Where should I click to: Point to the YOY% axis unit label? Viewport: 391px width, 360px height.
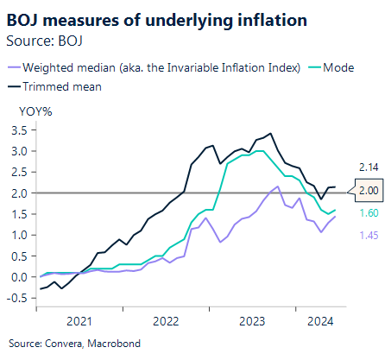pyautogui.click(x=37, y=110)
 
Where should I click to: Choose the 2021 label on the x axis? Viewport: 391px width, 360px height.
pyautogui.click(x=80, y=321)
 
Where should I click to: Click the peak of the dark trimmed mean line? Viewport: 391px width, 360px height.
pyautogui.click(x=271, y=134)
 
